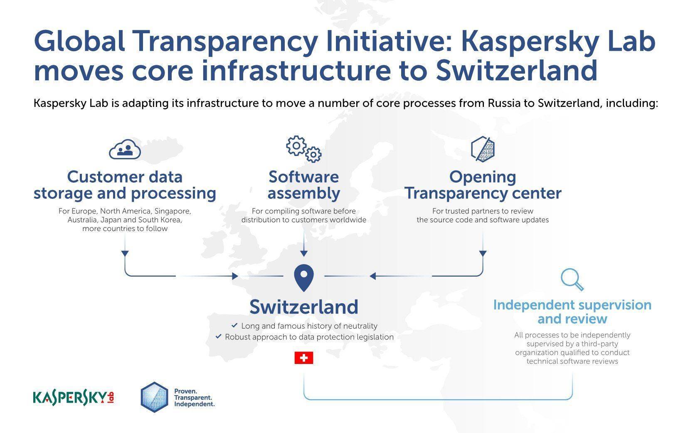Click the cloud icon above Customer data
(x=125, y=149)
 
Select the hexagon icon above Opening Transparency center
(x=483, y=149)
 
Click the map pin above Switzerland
(x=304, y=277)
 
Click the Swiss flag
(x=304, y=358)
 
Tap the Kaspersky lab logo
(x=74, y=398)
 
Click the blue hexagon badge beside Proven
(x=154, y=397)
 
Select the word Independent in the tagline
(x=194, y=404)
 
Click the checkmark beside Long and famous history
(x=234, y=325)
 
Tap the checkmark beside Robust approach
(x=218, y=336)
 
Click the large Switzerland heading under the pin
(x=304, y=307)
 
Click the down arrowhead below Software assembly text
(x=304, y=253)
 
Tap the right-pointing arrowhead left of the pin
(x=235, y=276)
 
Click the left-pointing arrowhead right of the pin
(x=373, y=276)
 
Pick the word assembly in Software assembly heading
(x=304, y=194)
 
